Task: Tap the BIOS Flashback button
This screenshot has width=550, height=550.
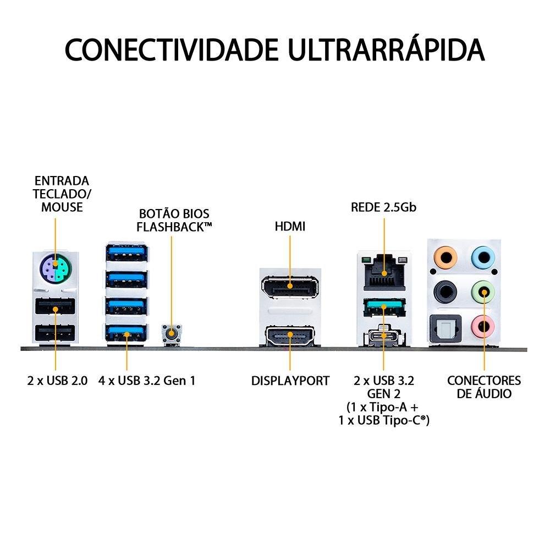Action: [x=172, y=332]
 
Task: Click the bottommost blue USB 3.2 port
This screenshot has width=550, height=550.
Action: [x=127, y=331]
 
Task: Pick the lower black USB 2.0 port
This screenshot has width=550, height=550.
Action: [x=55, y=334]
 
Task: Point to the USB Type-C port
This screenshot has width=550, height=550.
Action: [x=383, y=336]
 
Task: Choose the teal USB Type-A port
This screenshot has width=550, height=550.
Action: [x=383, y=306]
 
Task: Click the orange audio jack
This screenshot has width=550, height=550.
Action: [x=444, y=256]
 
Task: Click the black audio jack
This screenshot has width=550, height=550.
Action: [x=444, y=292]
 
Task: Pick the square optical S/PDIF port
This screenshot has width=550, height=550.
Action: [x=444, y=328]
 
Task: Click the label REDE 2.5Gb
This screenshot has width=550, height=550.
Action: [x=384, y=208]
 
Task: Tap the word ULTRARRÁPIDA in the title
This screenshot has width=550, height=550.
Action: [x=387, y=50]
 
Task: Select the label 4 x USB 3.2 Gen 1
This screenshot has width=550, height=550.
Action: [x=147, y=381]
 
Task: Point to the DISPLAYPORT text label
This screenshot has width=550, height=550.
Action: [x=290, y=381]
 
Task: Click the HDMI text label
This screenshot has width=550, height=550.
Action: [x=290, y=226]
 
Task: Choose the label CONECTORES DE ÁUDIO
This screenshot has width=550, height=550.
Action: [x=483, y=387]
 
